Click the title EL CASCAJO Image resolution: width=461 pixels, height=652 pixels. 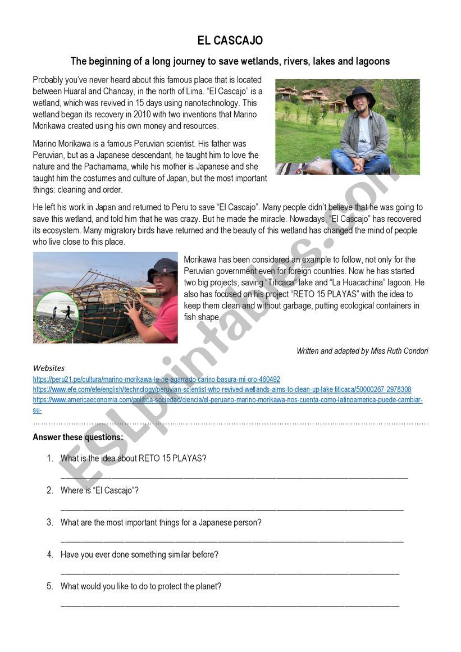[230, 41]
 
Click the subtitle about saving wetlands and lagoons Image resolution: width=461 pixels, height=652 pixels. [230, 61]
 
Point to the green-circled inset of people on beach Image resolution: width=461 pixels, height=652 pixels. [57, 316]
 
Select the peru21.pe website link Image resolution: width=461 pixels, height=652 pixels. [156, 380]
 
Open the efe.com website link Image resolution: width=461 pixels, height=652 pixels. [222, 390]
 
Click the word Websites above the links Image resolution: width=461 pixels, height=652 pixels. [49, 368]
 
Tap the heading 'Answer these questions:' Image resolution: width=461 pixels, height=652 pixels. [77, 437]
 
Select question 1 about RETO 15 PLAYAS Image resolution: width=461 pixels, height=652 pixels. [133, 458]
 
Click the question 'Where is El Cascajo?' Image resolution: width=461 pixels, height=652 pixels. [99, 490]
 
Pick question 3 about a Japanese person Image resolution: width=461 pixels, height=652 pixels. [161, 522]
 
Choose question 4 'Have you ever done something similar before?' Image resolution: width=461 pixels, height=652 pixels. [139, 554]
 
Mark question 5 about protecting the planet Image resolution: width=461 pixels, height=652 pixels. [141, 586]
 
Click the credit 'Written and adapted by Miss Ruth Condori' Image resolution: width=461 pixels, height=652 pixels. [362, 351]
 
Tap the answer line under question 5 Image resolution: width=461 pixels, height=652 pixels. [230, 605]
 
